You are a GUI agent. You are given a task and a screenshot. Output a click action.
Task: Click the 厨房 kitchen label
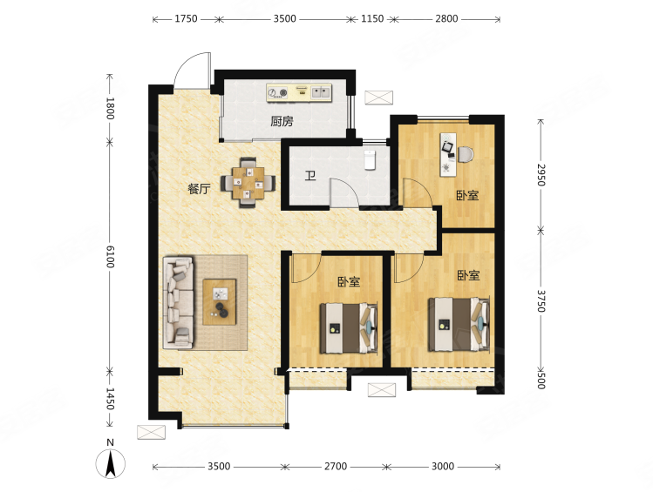point(282,121)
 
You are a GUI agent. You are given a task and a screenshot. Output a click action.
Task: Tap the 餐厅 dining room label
point(199,189)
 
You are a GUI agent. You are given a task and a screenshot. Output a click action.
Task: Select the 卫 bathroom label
point(310,176)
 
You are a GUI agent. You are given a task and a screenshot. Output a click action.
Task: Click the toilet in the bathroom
point(371,159)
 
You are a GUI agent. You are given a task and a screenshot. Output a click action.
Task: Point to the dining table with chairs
point(248,182)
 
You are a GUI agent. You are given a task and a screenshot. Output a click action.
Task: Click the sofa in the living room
point(179,302)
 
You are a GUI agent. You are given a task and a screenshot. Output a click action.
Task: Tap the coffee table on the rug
point(219,302)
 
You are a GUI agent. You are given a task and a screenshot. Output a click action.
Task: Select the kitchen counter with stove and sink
point(299,92)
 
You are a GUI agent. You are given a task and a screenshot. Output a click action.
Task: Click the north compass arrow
point(111,464)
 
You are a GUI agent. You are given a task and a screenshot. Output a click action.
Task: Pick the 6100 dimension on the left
point(110,257)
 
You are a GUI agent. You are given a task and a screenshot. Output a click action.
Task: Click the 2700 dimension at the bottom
point(336,467)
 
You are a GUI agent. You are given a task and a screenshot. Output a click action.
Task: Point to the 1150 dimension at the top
point(372,18)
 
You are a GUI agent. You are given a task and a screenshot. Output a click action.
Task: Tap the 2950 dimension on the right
point(541,175)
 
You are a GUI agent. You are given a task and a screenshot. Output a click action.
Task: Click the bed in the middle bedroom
point(349,328)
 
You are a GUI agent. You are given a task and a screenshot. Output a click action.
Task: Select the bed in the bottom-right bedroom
point(459,324)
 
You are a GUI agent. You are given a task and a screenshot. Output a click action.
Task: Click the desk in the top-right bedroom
point(450,155)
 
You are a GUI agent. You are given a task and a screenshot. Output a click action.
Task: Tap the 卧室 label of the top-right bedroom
point(467,195)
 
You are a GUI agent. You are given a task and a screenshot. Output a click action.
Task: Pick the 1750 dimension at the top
point(186,18)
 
